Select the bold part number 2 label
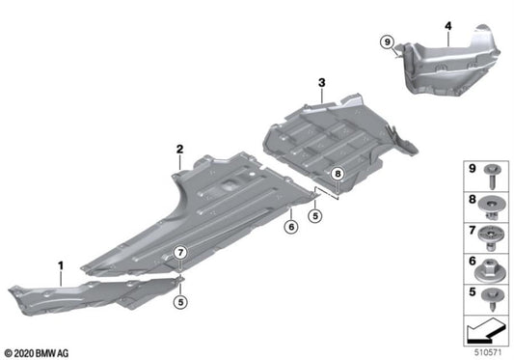pos(179,149)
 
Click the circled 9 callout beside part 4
pos(387,42)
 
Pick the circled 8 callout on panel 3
pos(337,174)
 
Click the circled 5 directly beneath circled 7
pos(180,303)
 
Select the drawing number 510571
pos(489,350)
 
